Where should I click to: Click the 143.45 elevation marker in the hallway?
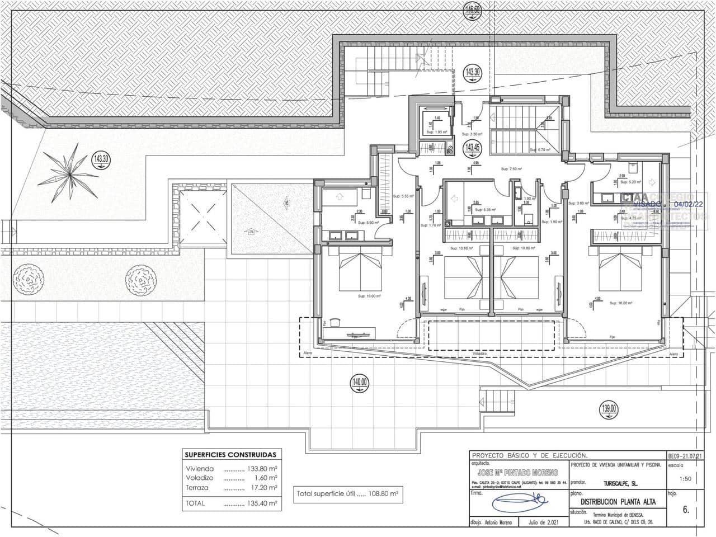(x=472, y=148)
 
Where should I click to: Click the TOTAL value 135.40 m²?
(x=262, y=503)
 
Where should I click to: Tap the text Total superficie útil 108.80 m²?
(x=347, y=494)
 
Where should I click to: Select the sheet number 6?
(x=686, y=510)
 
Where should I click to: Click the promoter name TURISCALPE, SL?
(x=616, y=482)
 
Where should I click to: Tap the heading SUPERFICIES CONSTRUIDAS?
(x=230, y=455)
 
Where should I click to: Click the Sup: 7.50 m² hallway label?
(x=511, y=168)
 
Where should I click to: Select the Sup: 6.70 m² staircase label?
(x=540, y=150)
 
